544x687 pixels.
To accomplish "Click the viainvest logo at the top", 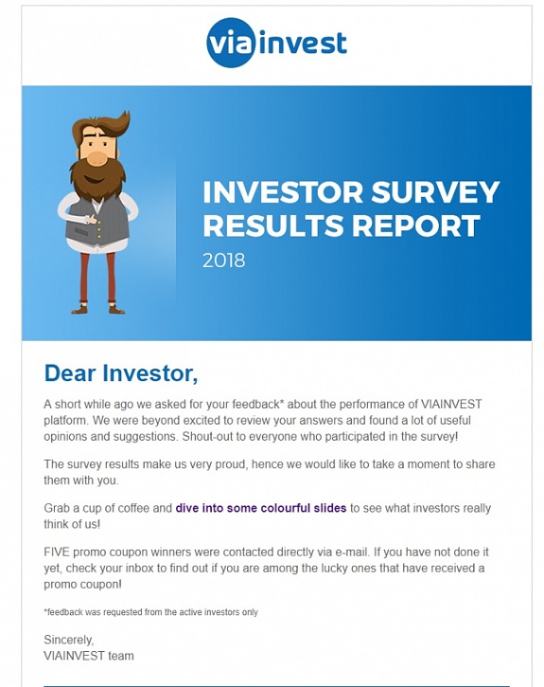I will (x=276, y=44).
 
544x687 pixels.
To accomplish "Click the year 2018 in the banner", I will (x=223, y=261).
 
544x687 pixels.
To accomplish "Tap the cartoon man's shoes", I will (x=98, y=307).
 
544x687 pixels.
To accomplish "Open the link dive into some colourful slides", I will (x=261, y=509).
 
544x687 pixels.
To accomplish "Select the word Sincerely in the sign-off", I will (x=69, y=640).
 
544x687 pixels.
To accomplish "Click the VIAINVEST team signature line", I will (x=89, y=656).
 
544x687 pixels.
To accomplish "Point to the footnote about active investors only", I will (x=150, y=612).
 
